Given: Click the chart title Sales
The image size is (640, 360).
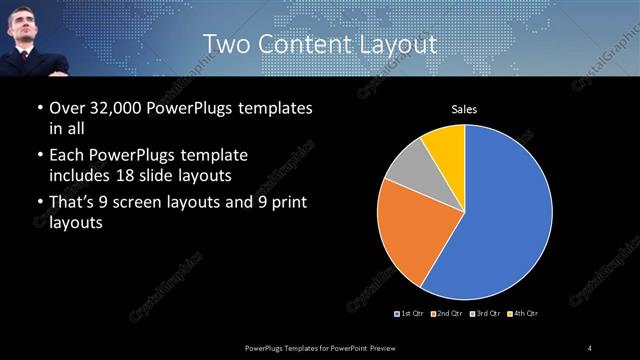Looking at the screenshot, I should [x=464, y=108].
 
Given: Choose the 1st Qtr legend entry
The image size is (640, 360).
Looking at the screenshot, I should [x=409, y=314].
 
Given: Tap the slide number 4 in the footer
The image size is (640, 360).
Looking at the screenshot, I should [x=590, y=347].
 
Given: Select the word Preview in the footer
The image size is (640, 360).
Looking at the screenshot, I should [x=399, y=347].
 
